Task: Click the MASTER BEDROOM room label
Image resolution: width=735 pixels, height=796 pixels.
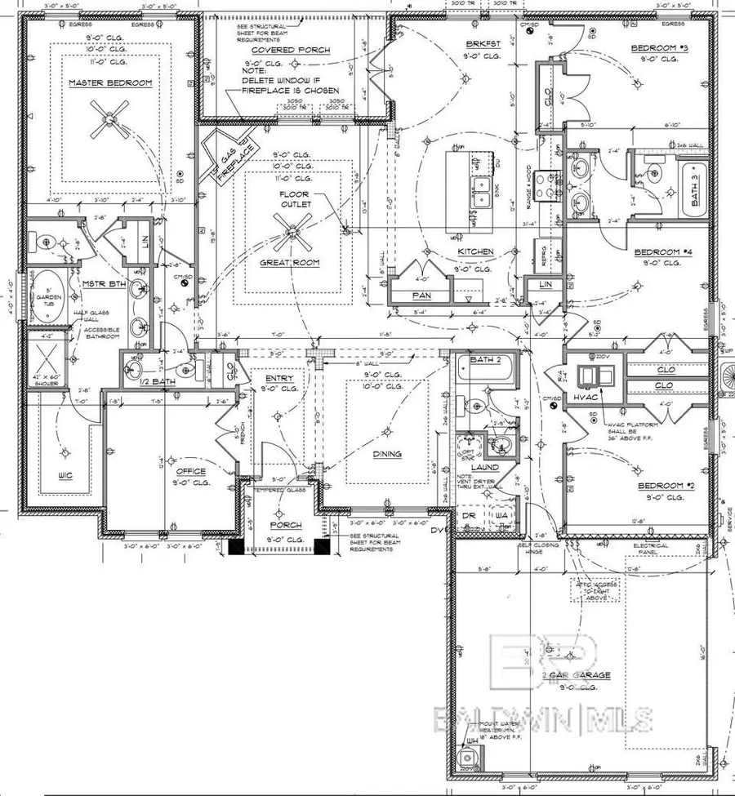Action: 100,82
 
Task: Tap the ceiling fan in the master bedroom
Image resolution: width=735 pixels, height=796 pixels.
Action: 110,117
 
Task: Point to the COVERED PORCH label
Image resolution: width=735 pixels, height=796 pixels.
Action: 279,51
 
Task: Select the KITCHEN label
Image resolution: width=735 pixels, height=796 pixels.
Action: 474,251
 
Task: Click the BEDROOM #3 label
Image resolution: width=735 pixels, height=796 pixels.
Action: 660,48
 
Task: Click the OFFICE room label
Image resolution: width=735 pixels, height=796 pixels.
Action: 190,472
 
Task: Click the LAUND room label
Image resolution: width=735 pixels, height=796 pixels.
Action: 485,467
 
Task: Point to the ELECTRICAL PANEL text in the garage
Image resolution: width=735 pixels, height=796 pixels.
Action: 651,549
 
